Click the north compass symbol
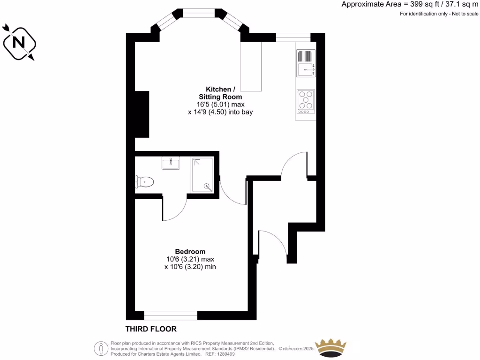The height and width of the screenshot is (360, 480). point(19,42)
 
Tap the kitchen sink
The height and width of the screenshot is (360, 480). point(306,63)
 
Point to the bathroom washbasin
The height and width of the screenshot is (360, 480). point(171,163)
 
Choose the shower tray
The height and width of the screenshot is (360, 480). point(202,175)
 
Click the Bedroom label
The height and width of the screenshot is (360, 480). point(190,251)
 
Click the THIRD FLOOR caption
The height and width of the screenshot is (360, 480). point(151,329)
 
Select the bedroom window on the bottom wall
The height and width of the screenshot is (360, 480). point(171,315)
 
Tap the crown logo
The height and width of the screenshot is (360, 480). point(331,348)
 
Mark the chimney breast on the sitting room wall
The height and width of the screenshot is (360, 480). point(142,114)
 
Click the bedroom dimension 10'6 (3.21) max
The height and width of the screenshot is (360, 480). point(190,259)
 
